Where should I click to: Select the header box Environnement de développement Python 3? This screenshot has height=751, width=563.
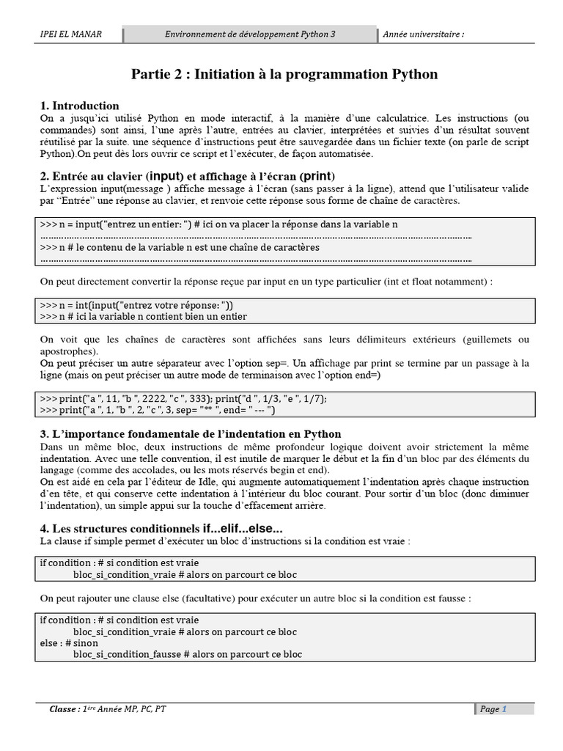(250, 34)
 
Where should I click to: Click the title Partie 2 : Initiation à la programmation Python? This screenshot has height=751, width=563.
(284, 74)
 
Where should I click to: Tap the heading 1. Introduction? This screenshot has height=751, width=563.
(80, 106)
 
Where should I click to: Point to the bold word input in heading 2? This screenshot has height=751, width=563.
(166, 177)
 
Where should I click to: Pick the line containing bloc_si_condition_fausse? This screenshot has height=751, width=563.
(188, 654)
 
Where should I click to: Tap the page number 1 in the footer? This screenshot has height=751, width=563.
(504, 709)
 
